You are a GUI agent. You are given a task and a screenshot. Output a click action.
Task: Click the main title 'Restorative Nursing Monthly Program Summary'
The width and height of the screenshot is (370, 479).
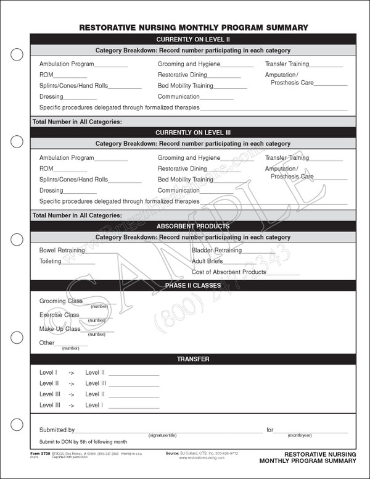coord(194,28)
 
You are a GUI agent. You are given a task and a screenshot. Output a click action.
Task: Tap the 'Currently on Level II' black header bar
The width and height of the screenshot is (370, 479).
coord(193,39)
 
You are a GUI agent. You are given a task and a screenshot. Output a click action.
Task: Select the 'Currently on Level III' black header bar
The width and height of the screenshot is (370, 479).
coord(193,133)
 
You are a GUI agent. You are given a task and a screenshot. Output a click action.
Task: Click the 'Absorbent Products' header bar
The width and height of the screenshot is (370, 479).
coord(193,227)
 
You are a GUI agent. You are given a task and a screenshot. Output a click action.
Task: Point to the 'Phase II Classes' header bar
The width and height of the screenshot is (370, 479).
coord(193,285)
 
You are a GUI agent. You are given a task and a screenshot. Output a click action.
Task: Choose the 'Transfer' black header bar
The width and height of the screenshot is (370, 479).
coord(193,359)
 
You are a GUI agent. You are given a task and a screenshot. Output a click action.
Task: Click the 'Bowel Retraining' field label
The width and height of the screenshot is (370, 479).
coord(62,251)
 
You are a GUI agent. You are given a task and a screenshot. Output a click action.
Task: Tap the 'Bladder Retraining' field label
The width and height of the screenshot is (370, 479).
coord(216,251)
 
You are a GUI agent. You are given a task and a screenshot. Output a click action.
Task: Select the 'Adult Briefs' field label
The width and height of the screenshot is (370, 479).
coord(207,261)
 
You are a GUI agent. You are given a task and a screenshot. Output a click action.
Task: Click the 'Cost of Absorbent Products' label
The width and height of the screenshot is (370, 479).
coord(229,272)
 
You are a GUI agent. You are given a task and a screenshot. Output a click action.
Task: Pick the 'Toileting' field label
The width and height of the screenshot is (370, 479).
coord(51,261)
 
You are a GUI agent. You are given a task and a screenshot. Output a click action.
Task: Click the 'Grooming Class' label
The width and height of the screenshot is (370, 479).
coord(61,301)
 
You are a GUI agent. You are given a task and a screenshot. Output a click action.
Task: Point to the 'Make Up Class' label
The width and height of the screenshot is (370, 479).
coord(60,329)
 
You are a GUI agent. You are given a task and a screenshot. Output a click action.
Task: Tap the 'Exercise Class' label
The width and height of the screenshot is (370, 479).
coord(59,315)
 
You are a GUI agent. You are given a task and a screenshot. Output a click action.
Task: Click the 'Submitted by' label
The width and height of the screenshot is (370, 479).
coord(57,430)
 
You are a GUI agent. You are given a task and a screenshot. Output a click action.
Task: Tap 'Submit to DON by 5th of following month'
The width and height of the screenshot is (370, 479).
coord(83,441)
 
